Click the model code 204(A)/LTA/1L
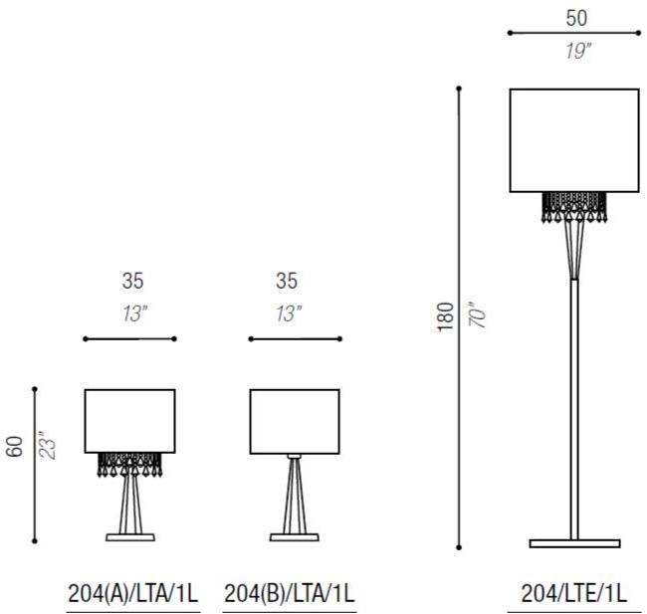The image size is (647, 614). pos(132,594)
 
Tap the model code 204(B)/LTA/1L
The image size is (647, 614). pos(290,594)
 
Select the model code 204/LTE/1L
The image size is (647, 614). pos(574,594)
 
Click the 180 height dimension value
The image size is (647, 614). pos(446,316)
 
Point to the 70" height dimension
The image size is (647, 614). pos(478,311)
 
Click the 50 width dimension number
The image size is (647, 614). pos(576,18)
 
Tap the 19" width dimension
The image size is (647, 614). pos(578,51)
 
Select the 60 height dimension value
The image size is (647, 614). pos(15,447)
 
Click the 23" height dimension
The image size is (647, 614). pos(47,445)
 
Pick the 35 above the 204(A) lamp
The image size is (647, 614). pos(132,281)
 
